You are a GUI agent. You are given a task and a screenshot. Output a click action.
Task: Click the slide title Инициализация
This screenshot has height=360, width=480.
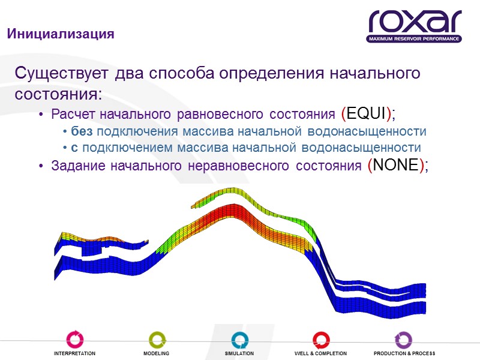[x=60, y=34]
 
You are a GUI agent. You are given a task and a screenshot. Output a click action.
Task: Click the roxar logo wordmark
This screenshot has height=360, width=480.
[x=415, y=22]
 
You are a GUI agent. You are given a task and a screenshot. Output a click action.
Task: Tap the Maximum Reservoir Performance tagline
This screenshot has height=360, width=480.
[x=415, y=39]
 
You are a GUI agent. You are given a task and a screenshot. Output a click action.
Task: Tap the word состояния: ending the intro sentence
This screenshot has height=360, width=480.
[x=58, y=95]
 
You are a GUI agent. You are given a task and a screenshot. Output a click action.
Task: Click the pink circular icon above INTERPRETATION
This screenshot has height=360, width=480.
[x=75, y=339]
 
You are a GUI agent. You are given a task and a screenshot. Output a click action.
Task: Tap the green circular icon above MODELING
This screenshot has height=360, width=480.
[x=156, y=339]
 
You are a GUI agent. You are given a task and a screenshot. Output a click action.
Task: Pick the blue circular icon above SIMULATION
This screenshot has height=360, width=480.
[x=239, y=339]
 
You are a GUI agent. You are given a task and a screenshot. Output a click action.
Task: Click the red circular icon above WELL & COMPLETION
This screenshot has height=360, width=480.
[x=320, y=339]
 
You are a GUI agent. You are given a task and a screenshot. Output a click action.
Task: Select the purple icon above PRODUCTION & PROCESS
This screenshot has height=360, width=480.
[x=404, y=339]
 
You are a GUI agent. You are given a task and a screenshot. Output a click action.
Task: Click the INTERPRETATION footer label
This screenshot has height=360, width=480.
[x=75, y=354]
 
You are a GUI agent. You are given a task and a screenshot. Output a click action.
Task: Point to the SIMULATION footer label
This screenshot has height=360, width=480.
[x=239, y=354]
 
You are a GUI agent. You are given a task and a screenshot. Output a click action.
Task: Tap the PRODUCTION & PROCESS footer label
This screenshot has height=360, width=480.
[x=404, y=354]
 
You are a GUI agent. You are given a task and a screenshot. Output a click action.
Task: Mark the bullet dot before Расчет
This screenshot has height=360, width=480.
[x=40, y=115]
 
